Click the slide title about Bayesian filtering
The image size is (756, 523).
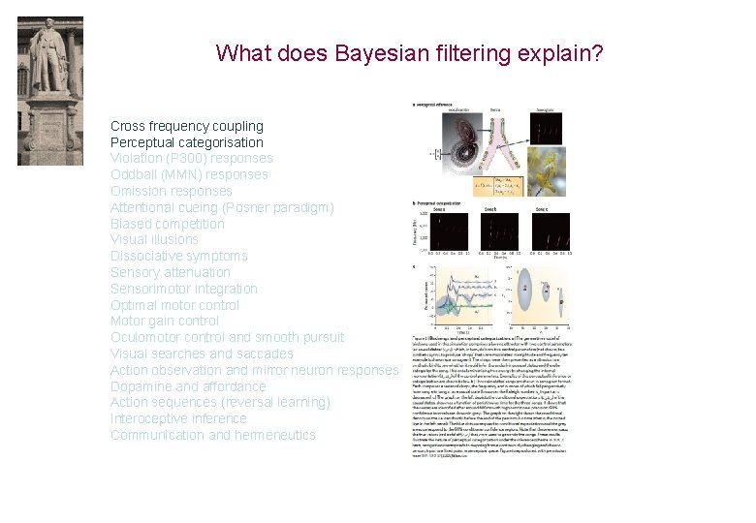pyautogui.click(x=409, y=52)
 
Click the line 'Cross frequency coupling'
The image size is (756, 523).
pyautogui.click(x=187, y=126)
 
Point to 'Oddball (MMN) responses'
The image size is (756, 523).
pyautogui.click(x=189, y=174)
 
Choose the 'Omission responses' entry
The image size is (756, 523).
pyautogui.click(x=172, y=191)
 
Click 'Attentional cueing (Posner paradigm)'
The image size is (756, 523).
pyautogui.click(x=222, y=207)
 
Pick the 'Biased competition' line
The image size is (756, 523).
pyautogui.click(x=168, y=224)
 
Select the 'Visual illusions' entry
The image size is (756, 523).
pyautogui.click(x=155, y=239)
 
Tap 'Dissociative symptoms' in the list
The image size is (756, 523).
pyautogui.click(x=179, y=256)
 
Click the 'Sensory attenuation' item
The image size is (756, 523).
pyautogui.click(x=171, y=272)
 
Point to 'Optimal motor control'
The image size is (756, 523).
pyautogui.click(x=174, y=305)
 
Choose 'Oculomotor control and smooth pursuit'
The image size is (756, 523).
pyautogui.click(x=227, y=337)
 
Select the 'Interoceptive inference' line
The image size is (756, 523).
pyautogui.click(x=179, y=418)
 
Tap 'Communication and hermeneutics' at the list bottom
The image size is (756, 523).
pyautogui.click(x=213, y=435)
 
